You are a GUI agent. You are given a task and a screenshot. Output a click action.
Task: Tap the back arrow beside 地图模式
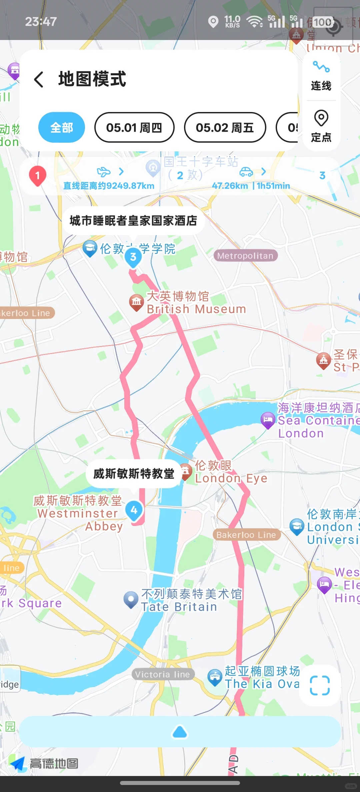pos(39,79)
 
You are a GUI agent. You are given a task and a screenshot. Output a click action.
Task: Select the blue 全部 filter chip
pos(62,127)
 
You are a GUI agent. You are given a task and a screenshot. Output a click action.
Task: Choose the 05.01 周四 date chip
pos(134,127)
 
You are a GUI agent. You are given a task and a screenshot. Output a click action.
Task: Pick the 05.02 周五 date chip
pos(225,127)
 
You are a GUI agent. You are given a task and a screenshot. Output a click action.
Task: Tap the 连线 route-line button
pos(321,76)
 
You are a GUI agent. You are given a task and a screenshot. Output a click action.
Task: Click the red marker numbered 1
pos(37,176)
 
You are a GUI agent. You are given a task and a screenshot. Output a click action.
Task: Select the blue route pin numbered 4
pos(134,510)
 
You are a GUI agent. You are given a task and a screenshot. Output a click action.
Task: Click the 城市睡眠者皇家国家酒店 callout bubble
pos(133,221)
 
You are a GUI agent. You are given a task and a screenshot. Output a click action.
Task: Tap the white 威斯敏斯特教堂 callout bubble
pos(134,474)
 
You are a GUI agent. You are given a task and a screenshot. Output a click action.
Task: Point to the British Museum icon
pos(136,302)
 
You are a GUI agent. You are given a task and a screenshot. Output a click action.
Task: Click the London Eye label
pos(231,472)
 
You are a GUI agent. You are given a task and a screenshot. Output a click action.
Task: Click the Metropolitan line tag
pos(245,256)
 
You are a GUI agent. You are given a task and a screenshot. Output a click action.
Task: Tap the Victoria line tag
pos(162,674)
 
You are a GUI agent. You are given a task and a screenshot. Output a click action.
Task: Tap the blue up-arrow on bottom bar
pos(180,732)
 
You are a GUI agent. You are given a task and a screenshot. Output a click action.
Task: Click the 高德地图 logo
pos(45,763)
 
